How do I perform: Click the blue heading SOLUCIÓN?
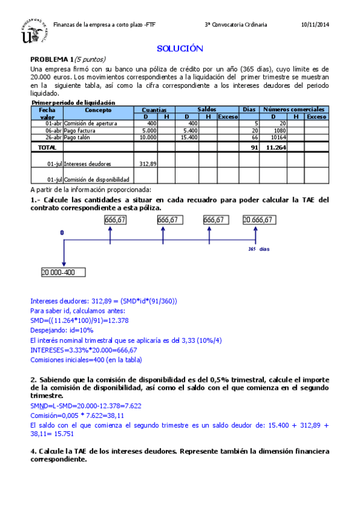point(180,49)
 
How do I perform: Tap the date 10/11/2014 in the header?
point(315,25)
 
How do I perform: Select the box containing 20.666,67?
point(259,220)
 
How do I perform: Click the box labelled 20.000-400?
point(63,272)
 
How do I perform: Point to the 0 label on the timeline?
point(61,232)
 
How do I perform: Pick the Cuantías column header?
point(154,109)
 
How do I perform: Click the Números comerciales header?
point(294,109)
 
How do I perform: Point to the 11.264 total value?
point(275,147)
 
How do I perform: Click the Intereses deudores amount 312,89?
point(148,164)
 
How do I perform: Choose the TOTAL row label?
point(47,147)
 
